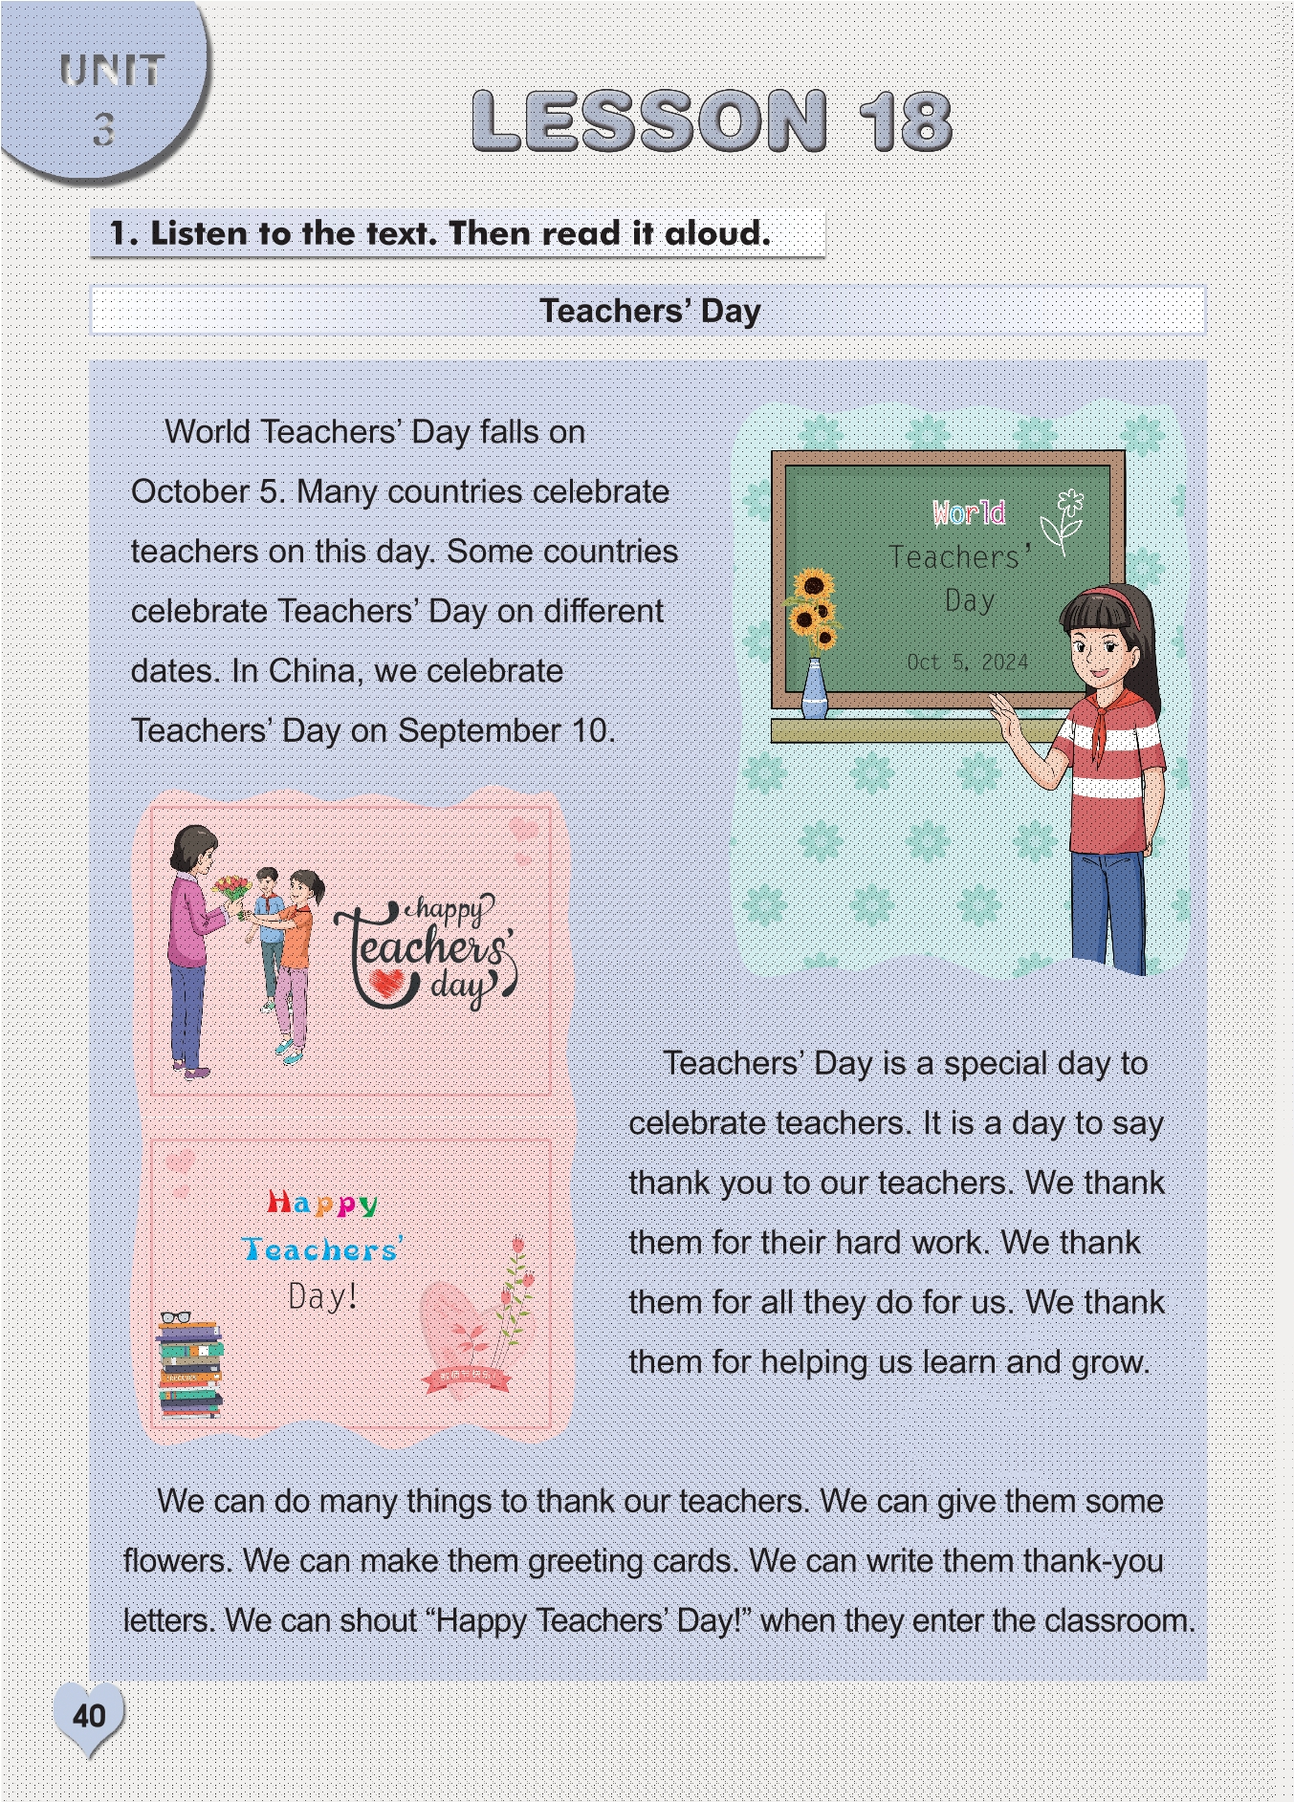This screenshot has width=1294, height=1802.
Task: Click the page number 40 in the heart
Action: pyautogui.click(x=89, y=1715)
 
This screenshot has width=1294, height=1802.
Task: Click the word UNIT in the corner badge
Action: pyautogui.click(x=111, y=71)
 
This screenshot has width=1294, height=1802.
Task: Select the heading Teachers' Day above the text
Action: pyautogui.click(x=649, y=311)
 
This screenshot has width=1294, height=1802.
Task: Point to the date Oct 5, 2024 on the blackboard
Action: pyautogui.click(x=967, y=662)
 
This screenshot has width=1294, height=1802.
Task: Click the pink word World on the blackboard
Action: pyautogui.click(x=969, y=513)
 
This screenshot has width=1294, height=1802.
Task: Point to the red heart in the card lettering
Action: pyautogui.click(x=386, y=984)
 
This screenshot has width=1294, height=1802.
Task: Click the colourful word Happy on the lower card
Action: pyautogui.click(x=322, y=1204)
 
